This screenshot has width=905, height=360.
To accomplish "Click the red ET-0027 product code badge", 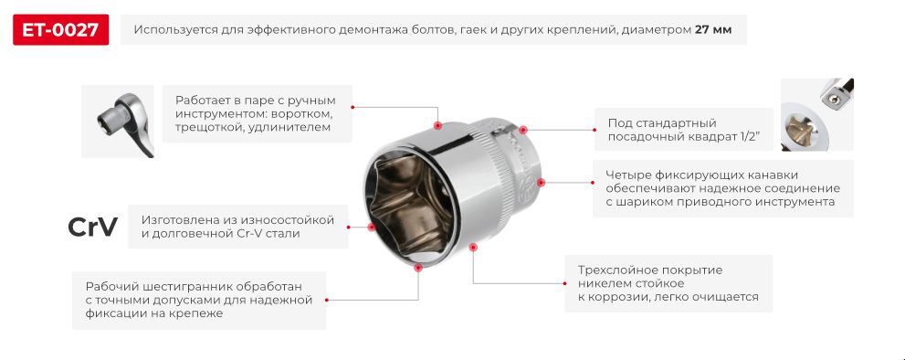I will [x=60, y=30].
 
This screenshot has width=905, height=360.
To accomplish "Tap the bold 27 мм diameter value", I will [x=713, y=30].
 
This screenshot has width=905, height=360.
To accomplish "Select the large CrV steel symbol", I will [x=93, y=227].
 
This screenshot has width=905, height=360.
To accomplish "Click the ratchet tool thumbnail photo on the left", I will [x=117, y=121].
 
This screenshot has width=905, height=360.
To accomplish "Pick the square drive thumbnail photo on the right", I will [x=816, y=114].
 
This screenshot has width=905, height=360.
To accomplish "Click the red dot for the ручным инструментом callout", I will [x=437, y=124].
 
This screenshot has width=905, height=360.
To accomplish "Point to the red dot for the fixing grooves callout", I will [x=541, y=182].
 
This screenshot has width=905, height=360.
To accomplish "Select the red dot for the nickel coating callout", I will [x=473, y=247].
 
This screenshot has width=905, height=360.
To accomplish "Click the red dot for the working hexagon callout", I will [x=417, y=269].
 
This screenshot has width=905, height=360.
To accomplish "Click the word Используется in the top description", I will [x=174, y=30].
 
